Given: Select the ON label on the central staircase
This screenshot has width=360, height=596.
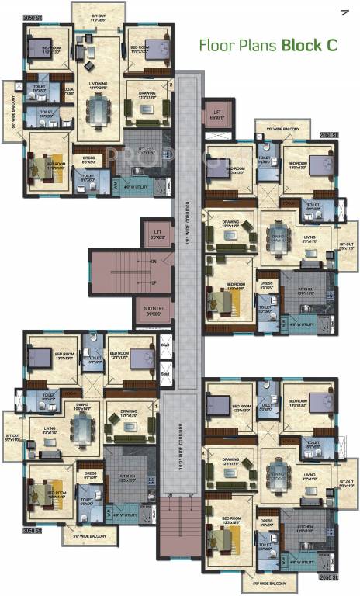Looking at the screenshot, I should [153, 261].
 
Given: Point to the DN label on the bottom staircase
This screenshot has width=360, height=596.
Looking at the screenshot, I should [169, 494].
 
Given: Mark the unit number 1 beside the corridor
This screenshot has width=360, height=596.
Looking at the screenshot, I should [157, 404].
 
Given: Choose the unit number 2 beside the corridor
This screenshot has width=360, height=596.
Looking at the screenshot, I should [169, 85].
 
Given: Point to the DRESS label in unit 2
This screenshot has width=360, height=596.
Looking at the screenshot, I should [88, 158].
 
